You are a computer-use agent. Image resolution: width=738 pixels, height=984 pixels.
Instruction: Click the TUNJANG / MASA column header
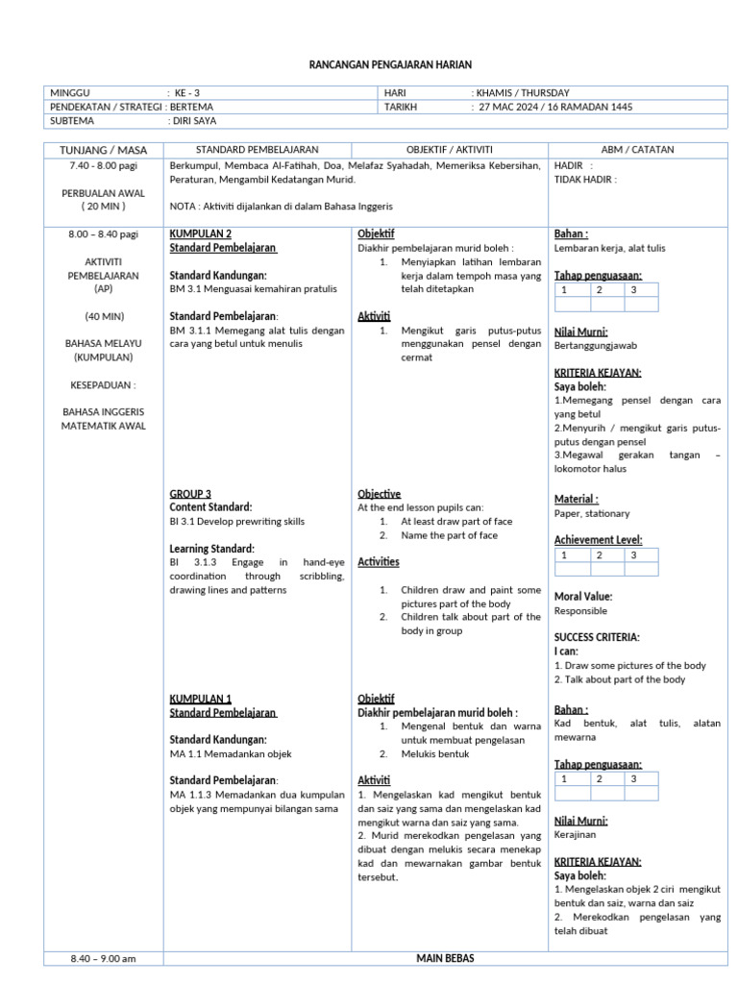[104, 150]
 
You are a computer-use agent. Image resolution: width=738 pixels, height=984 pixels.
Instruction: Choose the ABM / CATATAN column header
[637, 150]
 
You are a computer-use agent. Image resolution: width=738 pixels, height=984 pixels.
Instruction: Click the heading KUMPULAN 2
[200, 234]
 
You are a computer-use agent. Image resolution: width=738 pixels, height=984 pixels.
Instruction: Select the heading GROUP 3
[190, 494]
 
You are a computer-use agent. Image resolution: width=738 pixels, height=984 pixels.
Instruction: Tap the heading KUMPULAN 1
[200, 699]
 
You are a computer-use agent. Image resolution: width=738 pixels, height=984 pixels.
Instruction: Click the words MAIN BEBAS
[445, 958]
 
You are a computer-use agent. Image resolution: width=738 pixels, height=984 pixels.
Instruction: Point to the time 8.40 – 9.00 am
[104, 958]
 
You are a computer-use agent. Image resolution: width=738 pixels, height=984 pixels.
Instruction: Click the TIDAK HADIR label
[585, 179]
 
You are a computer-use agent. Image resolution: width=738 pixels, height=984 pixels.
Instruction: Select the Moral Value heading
[583, 597]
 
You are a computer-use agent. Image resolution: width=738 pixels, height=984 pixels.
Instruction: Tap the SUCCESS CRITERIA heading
[597, 637]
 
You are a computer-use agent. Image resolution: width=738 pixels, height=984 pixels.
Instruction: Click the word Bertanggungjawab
[595, 345]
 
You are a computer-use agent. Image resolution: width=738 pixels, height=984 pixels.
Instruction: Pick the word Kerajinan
[577, 835]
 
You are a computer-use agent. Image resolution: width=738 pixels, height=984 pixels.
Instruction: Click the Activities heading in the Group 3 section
[378, 562]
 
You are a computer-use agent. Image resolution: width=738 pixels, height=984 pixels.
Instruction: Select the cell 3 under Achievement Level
[633, 554]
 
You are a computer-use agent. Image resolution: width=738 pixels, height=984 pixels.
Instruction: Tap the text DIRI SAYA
[195, 122]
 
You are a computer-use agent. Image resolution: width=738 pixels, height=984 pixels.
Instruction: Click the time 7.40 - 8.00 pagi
[104, 166]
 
